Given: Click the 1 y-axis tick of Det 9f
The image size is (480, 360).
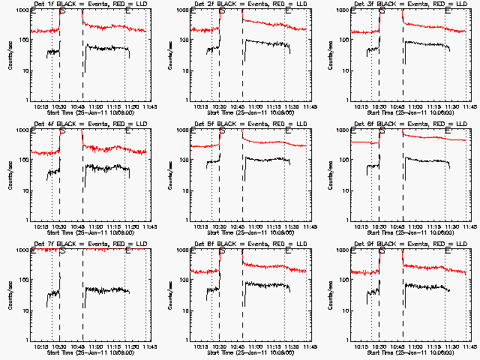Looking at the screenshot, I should pyautogui.click(x=346, y=340).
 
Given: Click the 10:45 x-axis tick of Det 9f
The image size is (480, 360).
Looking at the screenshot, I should pyautogui.click(x=395, y=346).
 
